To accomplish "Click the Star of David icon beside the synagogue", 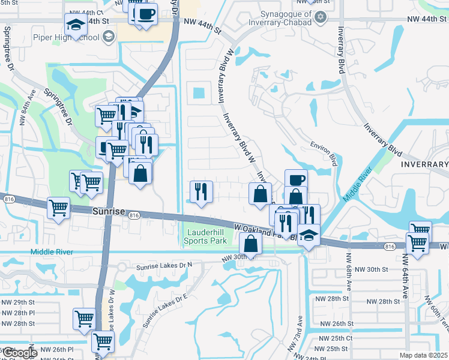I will click(321, 16).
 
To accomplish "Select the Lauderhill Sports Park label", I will click(205, 236).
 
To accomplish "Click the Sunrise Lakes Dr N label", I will click(156, 265).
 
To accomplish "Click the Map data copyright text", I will click(423, 355).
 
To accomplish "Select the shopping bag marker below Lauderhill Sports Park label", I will click(251, 244).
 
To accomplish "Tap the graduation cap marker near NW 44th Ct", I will click(76, 25).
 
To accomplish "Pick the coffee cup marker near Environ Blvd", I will click(296, 179).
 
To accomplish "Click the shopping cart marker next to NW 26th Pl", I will click(103, 341).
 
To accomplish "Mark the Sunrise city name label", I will click(109, 212).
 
